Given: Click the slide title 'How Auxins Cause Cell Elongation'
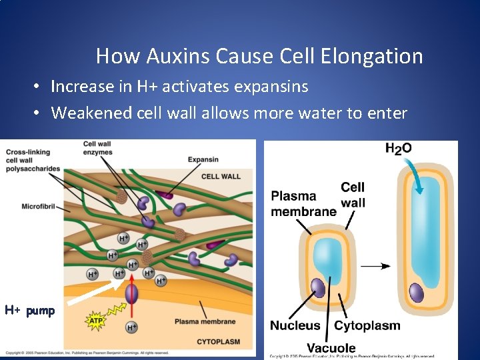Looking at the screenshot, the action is pos(259,56).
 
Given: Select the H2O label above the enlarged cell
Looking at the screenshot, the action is pos(398,148).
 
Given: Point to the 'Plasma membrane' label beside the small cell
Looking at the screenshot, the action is pos(303,204).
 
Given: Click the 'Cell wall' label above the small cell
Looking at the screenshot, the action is pos(353,195).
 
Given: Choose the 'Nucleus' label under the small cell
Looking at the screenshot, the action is pos(295,325).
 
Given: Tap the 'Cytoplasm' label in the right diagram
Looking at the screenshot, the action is pos(367,325).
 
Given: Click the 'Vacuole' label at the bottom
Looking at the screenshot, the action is pos(331,347).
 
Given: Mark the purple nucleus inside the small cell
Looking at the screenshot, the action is pos(319,288).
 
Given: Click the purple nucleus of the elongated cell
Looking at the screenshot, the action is pos(417,293).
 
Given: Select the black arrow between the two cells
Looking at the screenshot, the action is pos(376,266).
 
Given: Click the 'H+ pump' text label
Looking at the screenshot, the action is pos(29,311).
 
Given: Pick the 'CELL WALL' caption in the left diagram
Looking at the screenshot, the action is pos(221,177).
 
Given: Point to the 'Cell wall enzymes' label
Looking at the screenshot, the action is pos(97,149).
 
